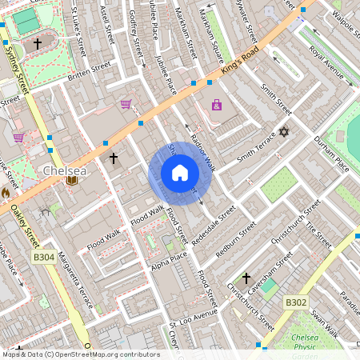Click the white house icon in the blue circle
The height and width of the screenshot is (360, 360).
pos(179,173)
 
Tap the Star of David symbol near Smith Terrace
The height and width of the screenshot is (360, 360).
pos(282,132)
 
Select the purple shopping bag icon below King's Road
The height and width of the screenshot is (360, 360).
pos(217,105)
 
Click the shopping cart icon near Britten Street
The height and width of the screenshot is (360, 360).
pos(126,103)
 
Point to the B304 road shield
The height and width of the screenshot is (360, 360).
pos(45,258)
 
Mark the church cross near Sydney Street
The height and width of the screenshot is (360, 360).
pos(37,45)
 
